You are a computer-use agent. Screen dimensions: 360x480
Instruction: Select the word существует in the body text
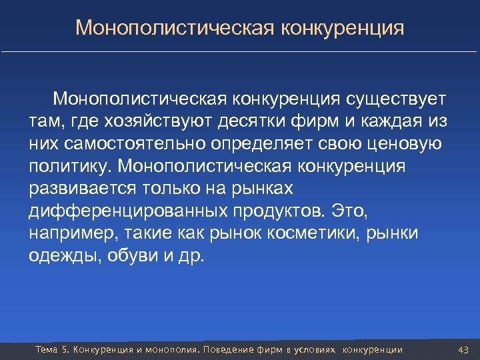tap(396, 100)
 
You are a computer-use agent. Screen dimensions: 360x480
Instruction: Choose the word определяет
tap(271, 144)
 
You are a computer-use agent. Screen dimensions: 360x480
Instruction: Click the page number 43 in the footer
tap(464, 350)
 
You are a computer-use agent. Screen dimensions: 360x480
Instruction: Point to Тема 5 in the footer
tap(51, 350)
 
